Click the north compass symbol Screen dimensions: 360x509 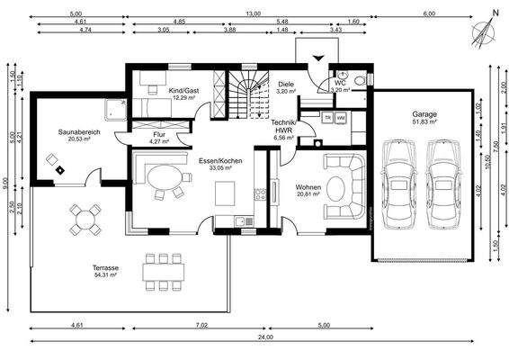(486, 31)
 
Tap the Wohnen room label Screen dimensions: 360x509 (308, 188)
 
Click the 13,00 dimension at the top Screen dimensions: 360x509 (255, 13)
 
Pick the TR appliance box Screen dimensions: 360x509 (327, 118)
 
